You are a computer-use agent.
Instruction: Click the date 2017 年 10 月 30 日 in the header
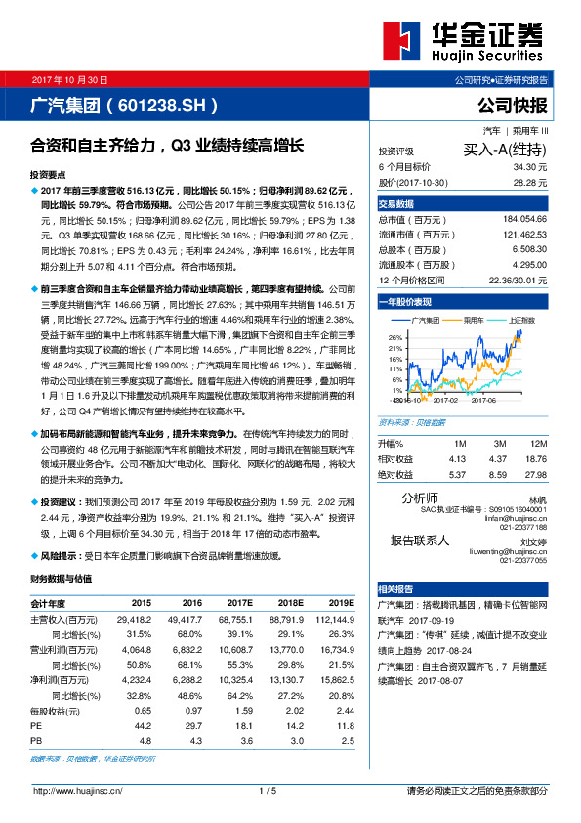pos(70,78)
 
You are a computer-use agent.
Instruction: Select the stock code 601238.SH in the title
pos(163,104)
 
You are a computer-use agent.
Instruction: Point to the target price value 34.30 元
pos(532,168)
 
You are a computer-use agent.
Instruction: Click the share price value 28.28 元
pos(532,182)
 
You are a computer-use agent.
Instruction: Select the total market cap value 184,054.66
pos(524,221)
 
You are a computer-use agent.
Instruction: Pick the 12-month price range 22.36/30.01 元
pos(514,280)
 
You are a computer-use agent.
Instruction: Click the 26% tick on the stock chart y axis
pos(394,336)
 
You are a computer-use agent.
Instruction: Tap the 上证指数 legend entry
pos(525,320)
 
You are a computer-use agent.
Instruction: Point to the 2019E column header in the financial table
pos(340,603)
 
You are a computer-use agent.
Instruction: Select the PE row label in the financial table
pos(36,726)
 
